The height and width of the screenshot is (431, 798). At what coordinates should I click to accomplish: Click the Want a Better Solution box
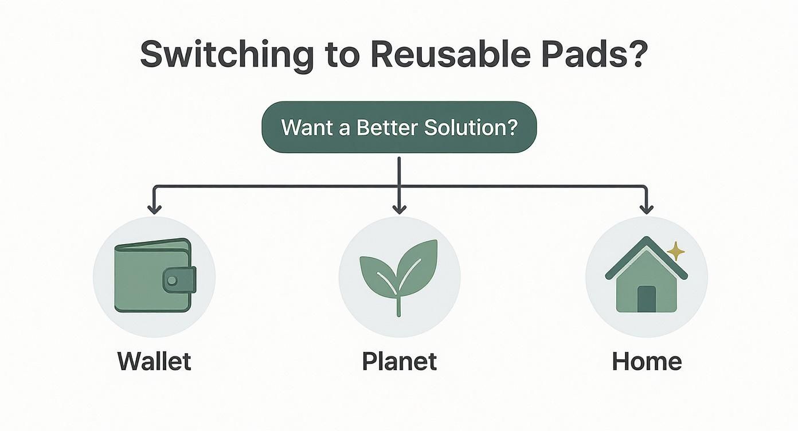tap(399, 127)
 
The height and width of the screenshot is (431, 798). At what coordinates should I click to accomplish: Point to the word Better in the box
tap(388, 127)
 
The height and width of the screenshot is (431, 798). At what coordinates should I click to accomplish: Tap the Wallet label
tap(154, 362)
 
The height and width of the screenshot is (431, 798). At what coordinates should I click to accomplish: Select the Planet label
tap(399, 362)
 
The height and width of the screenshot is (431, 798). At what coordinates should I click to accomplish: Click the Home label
tap(647, 362)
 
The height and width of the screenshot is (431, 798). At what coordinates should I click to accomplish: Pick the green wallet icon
tap(151, 275)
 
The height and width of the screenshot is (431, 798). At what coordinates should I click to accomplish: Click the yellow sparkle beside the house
tap(676, 251)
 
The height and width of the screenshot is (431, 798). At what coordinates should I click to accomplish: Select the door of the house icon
tap(646, 298)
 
